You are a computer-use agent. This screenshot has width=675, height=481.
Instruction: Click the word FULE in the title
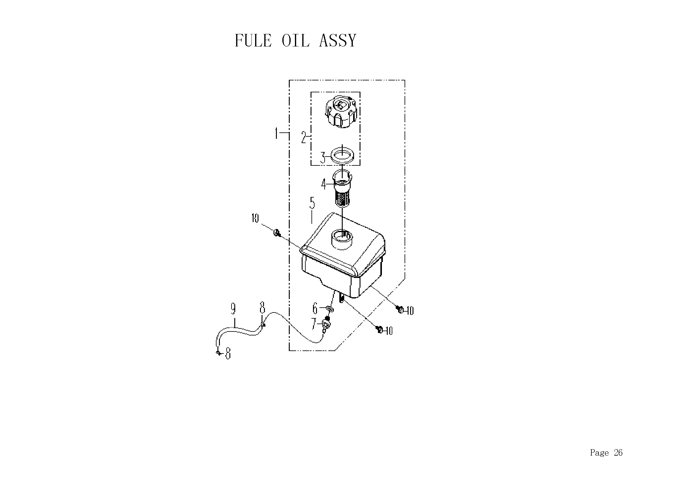point(253,40)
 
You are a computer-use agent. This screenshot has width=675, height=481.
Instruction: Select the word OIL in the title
point(295,40)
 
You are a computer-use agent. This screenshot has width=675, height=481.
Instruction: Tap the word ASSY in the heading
point(338,40)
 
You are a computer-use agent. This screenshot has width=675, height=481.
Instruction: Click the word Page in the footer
point(599,453)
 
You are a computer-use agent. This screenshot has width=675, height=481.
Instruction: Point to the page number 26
point(618,452)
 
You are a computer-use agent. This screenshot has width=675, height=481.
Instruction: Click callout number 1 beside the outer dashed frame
point(277,133)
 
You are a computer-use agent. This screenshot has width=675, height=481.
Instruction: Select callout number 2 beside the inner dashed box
point(304,137)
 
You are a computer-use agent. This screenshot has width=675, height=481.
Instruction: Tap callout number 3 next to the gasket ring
point(323,157)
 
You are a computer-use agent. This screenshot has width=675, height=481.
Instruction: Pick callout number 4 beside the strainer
point(324,184)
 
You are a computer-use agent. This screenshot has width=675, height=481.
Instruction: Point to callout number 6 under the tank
point(315,309)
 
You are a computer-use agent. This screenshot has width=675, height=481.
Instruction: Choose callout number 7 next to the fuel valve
point(314,324)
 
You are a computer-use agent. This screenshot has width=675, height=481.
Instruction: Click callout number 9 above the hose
point(233,309)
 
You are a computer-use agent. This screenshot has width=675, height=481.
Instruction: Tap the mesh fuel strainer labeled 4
point(342,188)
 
